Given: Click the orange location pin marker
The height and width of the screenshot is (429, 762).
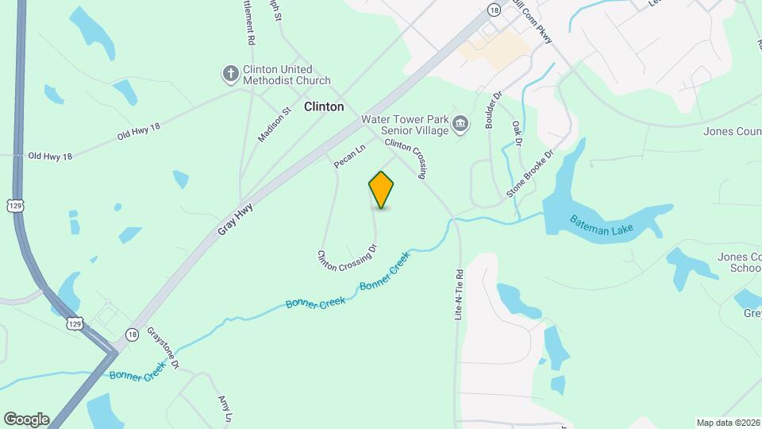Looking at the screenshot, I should click(382, 190).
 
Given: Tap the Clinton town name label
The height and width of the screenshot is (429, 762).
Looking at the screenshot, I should click(325, 106).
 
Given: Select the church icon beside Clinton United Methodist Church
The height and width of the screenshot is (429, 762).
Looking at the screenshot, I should click(230, 75).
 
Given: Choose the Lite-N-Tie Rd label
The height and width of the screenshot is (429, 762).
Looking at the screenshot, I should click(459, 293).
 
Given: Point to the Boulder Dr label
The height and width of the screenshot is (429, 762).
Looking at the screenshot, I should click(494, 110).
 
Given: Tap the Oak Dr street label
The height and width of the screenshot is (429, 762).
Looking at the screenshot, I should click(517, 133).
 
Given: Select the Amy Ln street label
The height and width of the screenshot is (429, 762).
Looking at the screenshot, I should click(225, 410).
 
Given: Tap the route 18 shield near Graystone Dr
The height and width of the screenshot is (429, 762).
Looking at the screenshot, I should click(131, 334).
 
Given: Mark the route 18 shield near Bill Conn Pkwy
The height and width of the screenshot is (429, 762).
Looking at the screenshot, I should click(495, 10).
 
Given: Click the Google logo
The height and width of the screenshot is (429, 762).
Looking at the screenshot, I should click(26, 419).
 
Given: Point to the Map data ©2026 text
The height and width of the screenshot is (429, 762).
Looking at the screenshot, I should click(728, 423).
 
